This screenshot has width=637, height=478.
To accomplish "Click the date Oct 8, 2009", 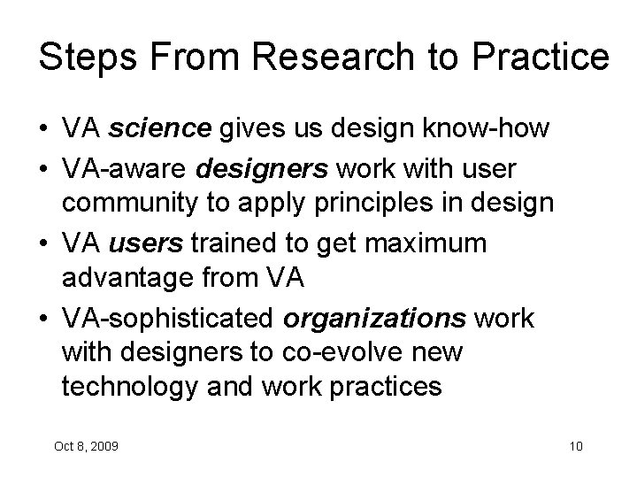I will (86, 444).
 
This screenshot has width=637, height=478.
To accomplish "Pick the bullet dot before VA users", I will (44, 243).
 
